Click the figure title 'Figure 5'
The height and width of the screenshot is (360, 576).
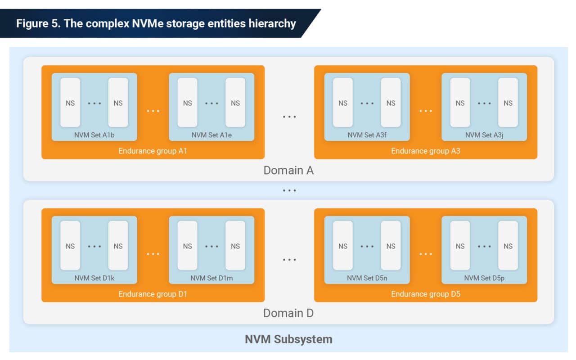coord(156,23)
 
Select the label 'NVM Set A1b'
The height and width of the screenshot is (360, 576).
coord(94,135)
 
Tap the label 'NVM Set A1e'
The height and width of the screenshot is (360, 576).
coord(211,135)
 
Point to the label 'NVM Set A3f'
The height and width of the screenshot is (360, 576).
coord(367,135)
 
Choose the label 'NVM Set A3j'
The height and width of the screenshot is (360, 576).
coord(484,135)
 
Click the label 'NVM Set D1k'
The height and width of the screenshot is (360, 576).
coord(94,278)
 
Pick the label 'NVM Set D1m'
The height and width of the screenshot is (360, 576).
coord(211,278)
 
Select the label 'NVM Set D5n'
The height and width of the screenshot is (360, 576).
coord(367,278)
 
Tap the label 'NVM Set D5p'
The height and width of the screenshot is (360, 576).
coord(484,278)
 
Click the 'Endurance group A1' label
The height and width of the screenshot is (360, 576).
coord(153,151)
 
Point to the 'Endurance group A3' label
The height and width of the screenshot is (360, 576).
coord(425,151)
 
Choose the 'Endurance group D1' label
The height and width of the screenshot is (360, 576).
coord(153,294)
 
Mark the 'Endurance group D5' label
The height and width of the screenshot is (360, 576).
coord(425,294)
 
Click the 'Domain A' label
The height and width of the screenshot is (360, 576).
coord(288,171)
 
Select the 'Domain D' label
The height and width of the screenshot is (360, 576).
coord(288,313)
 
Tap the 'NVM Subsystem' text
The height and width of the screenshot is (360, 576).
coord(288,339)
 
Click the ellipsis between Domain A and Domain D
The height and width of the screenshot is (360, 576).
coord(289,191)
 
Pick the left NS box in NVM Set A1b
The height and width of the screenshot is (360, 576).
coord(70,103)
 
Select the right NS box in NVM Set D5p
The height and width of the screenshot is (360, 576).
coord(508,246)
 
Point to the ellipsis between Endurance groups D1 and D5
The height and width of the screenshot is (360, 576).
coord(289,260)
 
